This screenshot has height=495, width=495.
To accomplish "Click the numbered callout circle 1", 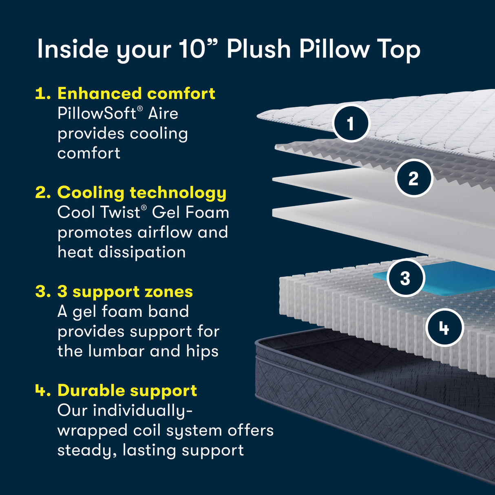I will (350, 124).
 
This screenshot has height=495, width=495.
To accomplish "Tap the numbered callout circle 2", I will (413, 178).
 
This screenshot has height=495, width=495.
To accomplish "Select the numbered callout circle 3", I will (405, 278).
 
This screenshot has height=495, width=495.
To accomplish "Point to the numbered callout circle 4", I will (444, 328).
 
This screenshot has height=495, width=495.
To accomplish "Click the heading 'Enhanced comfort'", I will (136, 93).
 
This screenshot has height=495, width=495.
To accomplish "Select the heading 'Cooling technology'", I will (141, 192).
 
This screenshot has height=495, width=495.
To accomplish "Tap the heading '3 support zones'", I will (125, 292).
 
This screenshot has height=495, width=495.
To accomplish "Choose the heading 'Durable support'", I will (127, 391).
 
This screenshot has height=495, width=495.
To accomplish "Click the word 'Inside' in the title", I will (73, 49).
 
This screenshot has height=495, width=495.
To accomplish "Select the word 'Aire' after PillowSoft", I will (163, 113).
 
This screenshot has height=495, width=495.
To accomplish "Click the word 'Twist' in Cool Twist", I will (120, 212).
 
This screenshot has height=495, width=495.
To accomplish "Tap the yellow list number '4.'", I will (43, 391).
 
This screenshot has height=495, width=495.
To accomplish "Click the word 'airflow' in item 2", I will (165, 232).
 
